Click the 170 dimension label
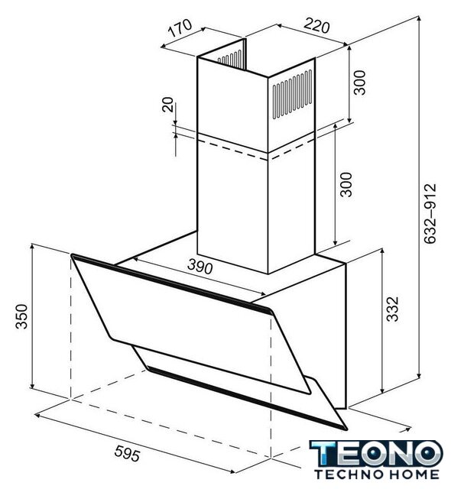pyautogui.click(x=180, y=28)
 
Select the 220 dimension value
pyautogui.click(x=316, y=25)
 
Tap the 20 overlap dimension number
pyautogui.click(x=168, y=105)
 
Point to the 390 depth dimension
pyautogui.click(x=200, y=267)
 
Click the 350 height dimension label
pyautogui.click(x=22, y=316)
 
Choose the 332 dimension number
pyautogui.click(x=393, y=309)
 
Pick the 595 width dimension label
pyautogui.click(x=127, y=453)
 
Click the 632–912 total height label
pyautogui.click(x=430, y=213)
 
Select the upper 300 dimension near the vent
pyautogui.click(x=359, y=83)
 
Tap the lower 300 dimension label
pyautogui.click(x=346, y=184)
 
